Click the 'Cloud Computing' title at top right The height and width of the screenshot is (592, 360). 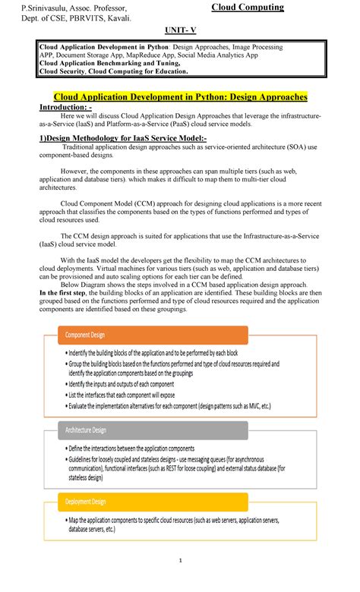[x=248, y=8]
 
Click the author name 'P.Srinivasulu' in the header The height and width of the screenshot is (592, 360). [x=47, y=8]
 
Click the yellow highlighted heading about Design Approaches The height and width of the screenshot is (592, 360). [x=180, y=97]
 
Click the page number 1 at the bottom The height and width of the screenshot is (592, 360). [x=180, y=582]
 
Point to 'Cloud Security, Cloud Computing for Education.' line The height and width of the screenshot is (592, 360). [x=113, y=71]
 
